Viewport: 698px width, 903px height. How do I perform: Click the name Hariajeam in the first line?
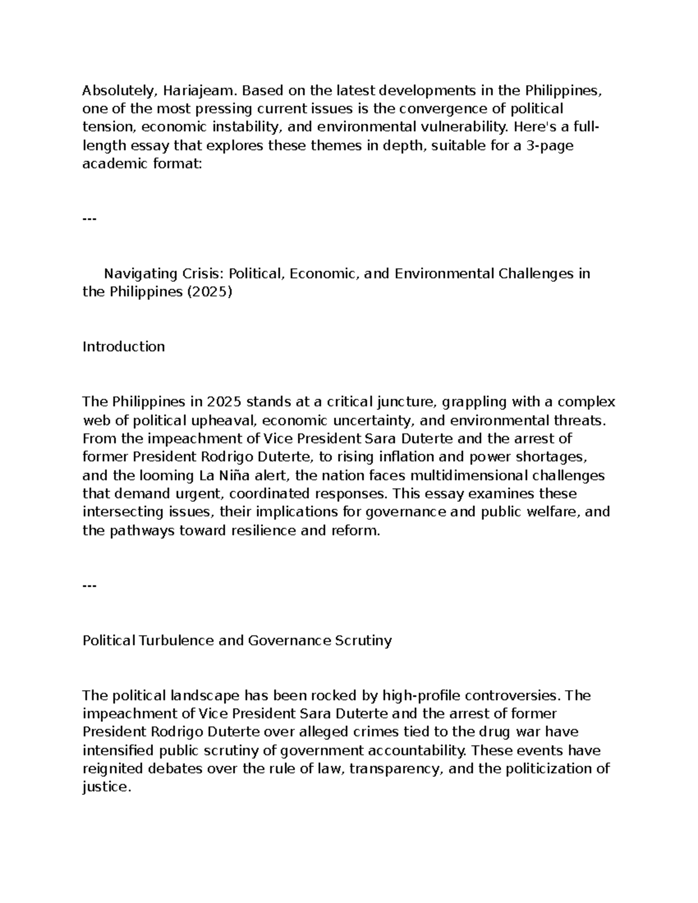click(x=200, y=91)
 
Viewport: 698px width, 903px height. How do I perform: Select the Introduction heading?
click(x=123, y=347)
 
